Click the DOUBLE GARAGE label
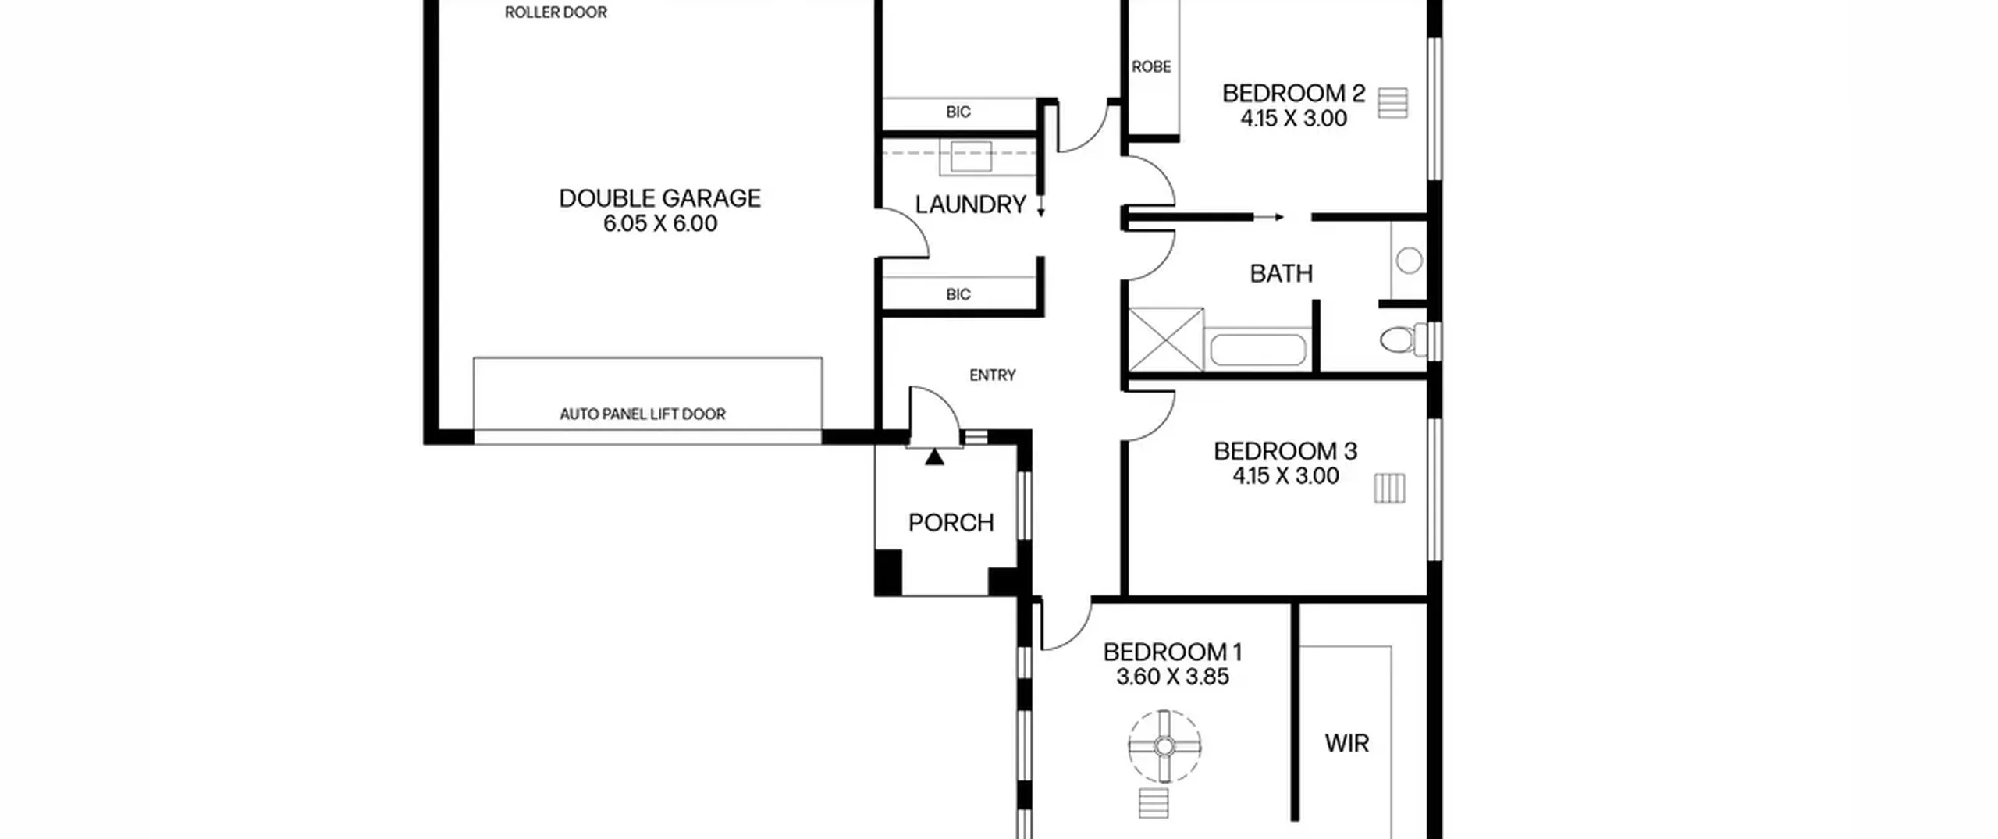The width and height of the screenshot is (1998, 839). (659, 198)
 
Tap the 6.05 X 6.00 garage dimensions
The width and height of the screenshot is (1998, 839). (659, 224)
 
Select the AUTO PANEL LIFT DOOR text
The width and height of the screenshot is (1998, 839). (642, 414)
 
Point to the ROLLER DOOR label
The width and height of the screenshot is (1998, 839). (556, 12)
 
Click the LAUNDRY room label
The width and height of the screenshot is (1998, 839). (970, 204)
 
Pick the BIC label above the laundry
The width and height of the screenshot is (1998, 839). (958, 112)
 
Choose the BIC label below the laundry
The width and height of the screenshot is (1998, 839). (958, 294)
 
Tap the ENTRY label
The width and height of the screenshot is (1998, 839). (993, 375)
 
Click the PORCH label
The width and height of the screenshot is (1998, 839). (951, 522)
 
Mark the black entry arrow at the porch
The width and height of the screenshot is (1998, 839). (934, 457)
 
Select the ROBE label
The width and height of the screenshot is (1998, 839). (1151, 67)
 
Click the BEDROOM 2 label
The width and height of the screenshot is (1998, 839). (1293, 94)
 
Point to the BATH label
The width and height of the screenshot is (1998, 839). (1281, 273)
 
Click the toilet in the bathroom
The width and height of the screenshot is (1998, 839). (1405, 340)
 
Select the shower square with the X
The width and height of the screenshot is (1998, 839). (1166, 340)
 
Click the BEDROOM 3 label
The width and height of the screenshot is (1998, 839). (1285, 451)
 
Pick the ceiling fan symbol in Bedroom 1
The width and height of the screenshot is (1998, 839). (1164, 747)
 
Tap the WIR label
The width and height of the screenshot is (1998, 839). (1346, 743)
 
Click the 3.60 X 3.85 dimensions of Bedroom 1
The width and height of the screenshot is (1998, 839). (1172, 677)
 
